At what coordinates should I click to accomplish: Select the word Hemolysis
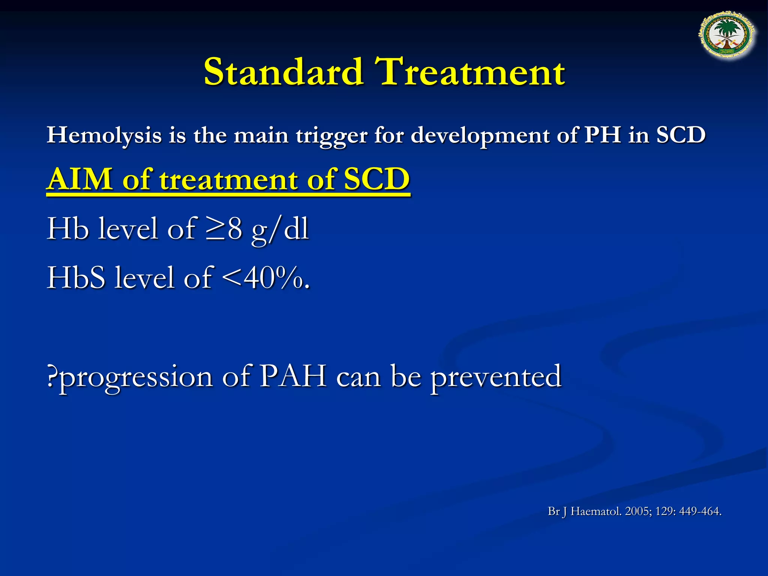[x=104, y=136]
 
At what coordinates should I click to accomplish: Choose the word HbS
[x=76, y=278]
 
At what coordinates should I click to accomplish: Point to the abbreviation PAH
[x=293, y=376]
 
